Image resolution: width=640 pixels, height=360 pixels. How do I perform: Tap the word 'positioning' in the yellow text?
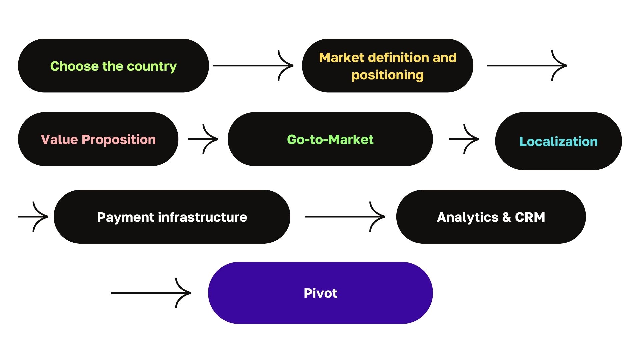point(387,75)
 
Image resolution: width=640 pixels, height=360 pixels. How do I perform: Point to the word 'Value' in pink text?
point(59,139)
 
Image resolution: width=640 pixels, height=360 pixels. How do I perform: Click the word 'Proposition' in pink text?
point(119,139)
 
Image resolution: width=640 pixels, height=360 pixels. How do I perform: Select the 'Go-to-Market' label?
point(330,139)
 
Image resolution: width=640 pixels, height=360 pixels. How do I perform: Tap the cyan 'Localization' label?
point(558,141)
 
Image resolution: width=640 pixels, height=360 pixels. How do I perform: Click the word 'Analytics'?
point(467,217)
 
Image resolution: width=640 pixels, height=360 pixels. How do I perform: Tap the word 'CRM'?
point(530,217)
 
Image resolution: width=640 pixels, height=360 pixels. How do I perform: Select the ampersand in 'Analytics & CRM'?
point(506,217)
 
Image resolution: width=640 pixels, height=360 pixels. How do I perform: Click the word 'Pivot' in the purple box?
point(320,293)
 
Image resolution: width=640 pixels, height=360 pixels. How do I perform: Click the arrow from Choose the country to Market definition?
point(253,66)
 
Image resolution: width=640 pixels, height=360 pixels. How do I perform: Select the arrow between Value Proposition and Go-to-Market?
point(203,139)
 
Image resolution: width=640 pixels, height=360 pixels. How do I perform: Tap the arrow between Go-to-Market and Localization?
point(464,139)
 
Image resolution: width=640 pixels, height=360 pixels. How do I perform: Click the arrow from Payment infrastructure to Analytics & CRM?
point(345,217)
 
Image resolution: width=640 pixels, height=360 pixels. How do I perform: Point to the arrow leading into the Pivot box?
point(151,293)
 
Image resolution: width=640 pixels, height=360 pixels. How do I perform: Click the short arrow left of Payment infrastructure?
point(33,217)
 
